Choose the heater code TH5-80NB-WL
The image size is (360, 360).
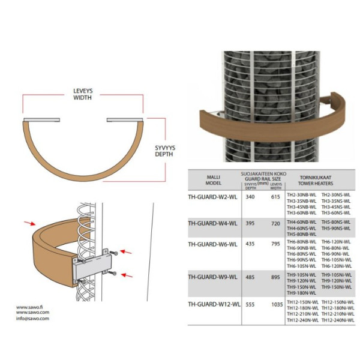tap(301, 233)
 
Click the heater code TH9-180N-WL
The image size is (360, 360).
tap(301, 292)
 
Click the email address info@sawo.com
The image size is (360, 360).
tap(32, 319)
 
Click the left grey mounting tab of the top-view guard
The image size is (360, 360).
tap(41, 120)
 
